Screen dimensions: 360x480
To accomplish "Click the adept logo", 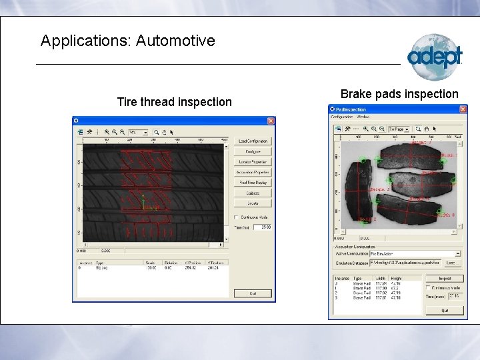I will (434, 57).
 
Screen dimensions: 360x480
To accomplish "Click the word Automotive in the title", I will (175, 41).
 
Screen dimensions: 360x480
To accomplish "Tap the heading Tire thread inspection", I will (174, 102).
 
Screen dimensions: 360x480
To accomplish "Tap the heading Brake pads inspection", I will (399, 94).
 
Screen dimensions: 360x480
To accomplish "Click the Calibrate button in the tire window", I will (253, 193).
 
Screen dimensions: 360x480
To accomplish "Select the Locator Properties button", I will (253, 162).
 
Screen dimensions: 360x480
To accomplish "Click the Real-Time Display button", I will (253, 182).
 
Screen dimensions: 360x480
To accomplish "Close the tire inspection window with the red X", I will (271, 121).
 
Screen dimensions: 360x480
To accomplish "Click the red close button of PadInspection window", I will (463, 109).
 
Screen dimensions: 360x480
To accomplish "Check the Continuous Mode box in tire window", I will (236, 217).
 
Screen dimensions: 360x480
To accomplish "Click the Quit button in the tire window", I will (253, 293).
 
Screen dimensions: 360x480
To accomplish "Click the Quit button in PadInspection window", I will (444, 310).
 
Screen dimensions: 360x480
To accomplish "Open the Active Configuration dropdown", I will (458, 253).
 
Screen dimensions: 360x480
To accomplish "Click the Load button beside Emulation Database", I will (450, 262).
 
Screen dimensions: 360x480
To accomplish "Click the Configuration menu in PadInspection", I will (342, 117).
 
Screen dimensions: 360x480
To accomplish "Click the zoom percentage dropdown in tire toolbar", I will (139, 132).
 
